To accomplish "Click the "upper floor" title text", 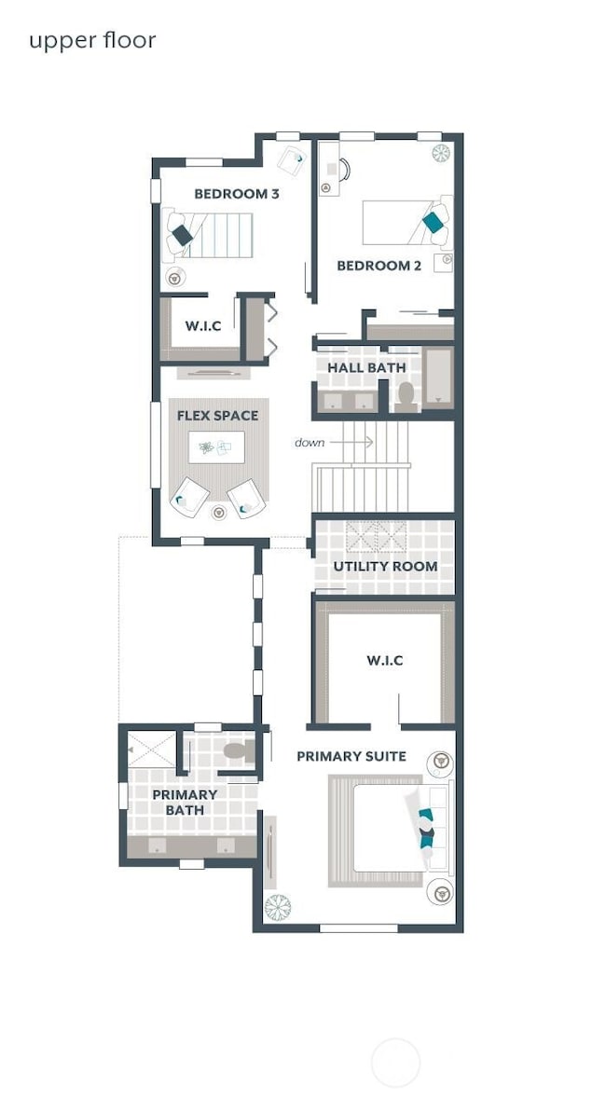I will pos(91,41).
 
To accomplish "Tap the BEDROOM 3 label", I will pos(236,194).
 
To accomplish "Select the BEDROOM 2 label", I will pos(379,266).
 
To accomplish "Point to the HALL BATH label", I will pos(366,368).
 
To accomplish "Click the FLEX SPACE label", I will pos(217,415).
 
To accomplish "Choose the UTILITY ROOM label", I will pos(385,566).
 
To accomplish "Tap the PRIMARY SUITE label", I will pos(351,756).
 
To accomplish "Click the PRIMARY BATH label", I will pos(185,803).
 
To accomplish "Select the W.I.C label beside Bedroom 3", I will pos(202,325).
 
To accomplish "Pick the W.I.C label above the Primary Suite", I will pos(384,660).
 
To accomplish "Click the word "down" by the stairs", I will pos(310,442).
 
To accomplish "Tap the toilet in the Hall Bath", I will pos(406,396).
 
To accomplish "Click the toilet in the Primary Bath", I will pos(237,750).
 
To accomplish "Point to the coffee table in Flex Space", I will pos(216,447).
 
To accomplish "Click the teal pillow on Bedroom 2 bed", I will pos(433,222).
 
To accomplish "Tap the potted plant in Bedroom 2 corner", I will pos(441,153).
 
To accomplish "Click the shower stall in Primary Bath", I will pos(151,749).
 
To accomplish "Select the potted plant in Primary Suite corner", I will pos(277,906).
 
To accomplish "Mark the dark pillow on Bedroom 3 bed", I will pos(183,237).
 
